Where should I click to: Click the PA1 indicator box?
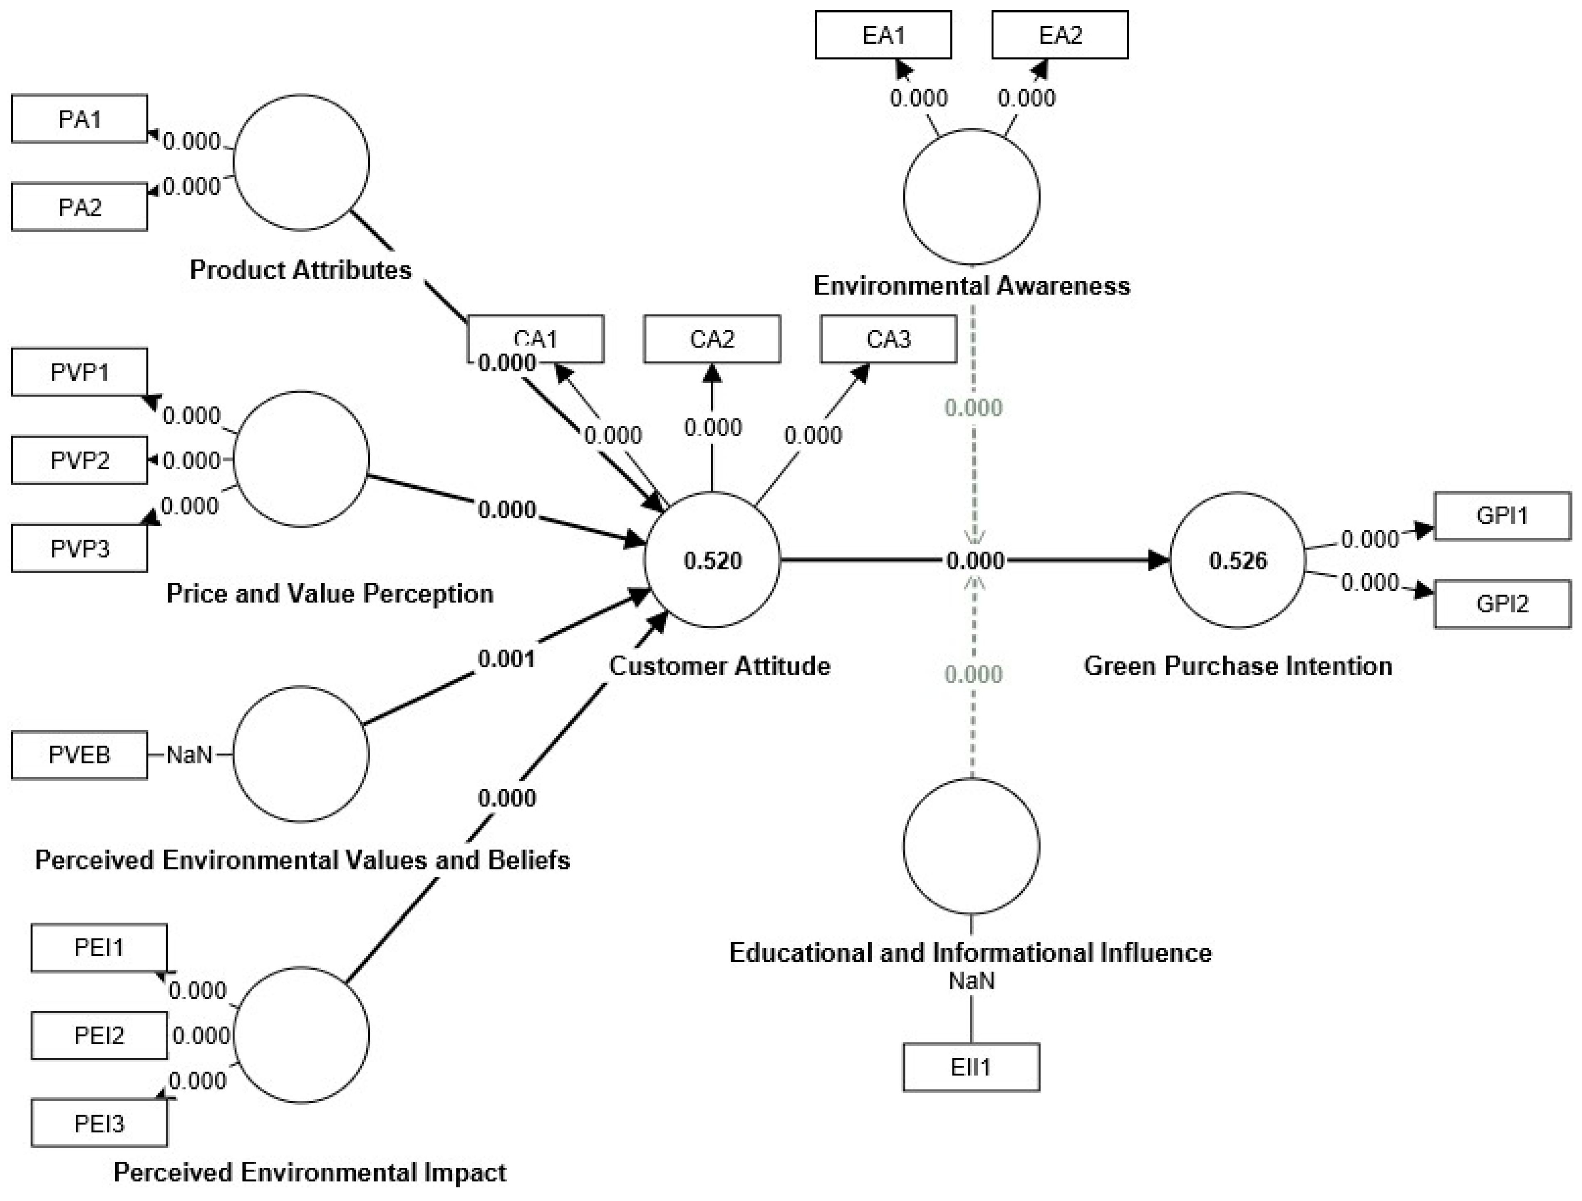pos(79,119)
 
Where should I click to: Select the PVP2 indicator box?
pos(79,461)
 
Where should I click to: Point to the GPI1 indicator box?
pos(1502,515)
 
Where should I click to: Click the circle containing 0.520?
pos(712,560)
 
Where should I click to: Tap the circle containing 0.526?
pos(1237,560)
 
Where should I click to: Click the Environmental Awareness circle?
pos(971,197)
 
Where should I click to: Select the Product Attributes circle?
pos(301,162)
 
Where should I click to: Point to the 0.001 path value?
pos(506,659)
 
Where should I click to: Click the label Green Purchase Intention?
pos(1237,666)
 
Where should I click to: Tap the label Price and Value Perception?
pos(330,593)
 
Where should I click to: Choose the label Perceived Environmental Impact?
pos(310,1172)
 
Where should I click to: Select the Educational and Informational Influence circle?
pos(971,847)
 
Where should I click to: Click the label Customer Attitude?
pos(719,666)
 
